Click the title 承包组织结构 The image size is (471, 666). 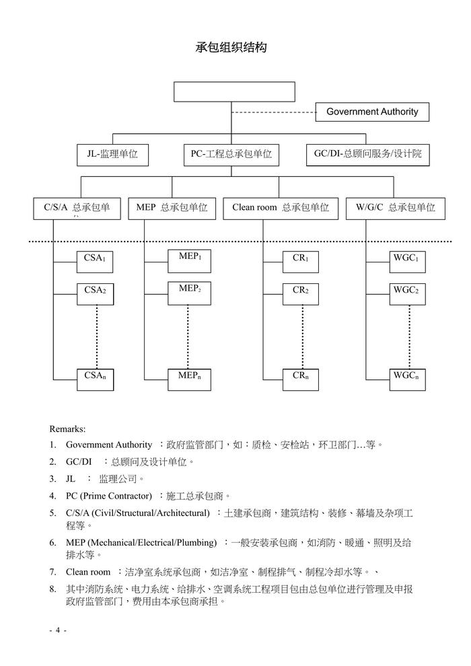coord(231,48)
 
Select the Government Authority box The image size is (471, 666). coord(372,112)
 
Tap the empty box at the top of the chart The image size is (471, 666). coord(234,91)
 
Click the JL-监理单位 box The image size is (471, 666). coord(112,154)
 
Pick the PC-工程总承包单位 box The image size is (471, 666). coord(231,154)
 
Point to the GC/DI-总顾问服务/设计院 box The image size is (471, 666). coord(367,154)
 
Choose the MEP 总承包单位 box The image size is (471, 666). coord(172,208)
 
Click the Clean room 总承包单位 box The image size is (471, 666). coord(280,208)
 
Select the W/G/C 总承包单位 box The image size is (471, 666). coord(395,208)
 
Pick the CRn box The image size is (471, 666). coord(301,378)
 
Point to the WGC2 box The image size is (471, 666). coord(406,294)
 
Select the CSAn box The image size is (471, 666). coord(95,378)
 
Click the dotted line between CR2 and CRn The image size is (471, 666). coord(302,336)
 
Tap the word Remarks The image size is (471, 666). coord(67,429)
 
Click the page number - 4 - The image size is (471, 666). coord(58,630)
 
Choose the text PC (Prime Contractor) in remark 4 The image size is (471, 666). coord(108,496)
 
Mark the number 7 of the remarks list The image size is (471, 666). coord(52,572)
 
